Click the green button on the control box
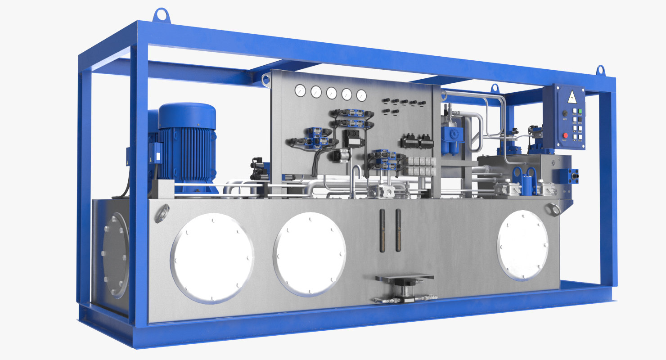click(x=580, y=110)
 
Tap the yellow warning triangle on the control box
click(x=571, y=96)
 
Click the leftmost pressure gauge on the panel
click(x=300, y=91)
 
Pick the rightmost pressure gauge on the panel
click(x=361, y=95)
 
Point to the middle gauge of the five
click(x=331, y=93)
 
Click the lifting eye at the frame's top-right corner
click(x=600, y=71)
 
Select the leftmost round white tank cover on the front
click(x=212, y=257)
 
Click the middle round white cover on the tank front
click(x=310, y=253)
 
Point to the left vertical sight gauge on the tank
click(x=382, y=230)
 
